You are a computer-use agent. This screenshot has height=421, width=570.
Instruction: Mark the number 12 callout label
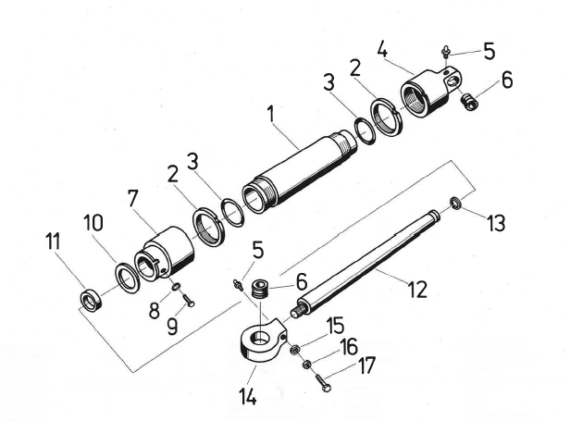pyautogui.click(x=414, y=289)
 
